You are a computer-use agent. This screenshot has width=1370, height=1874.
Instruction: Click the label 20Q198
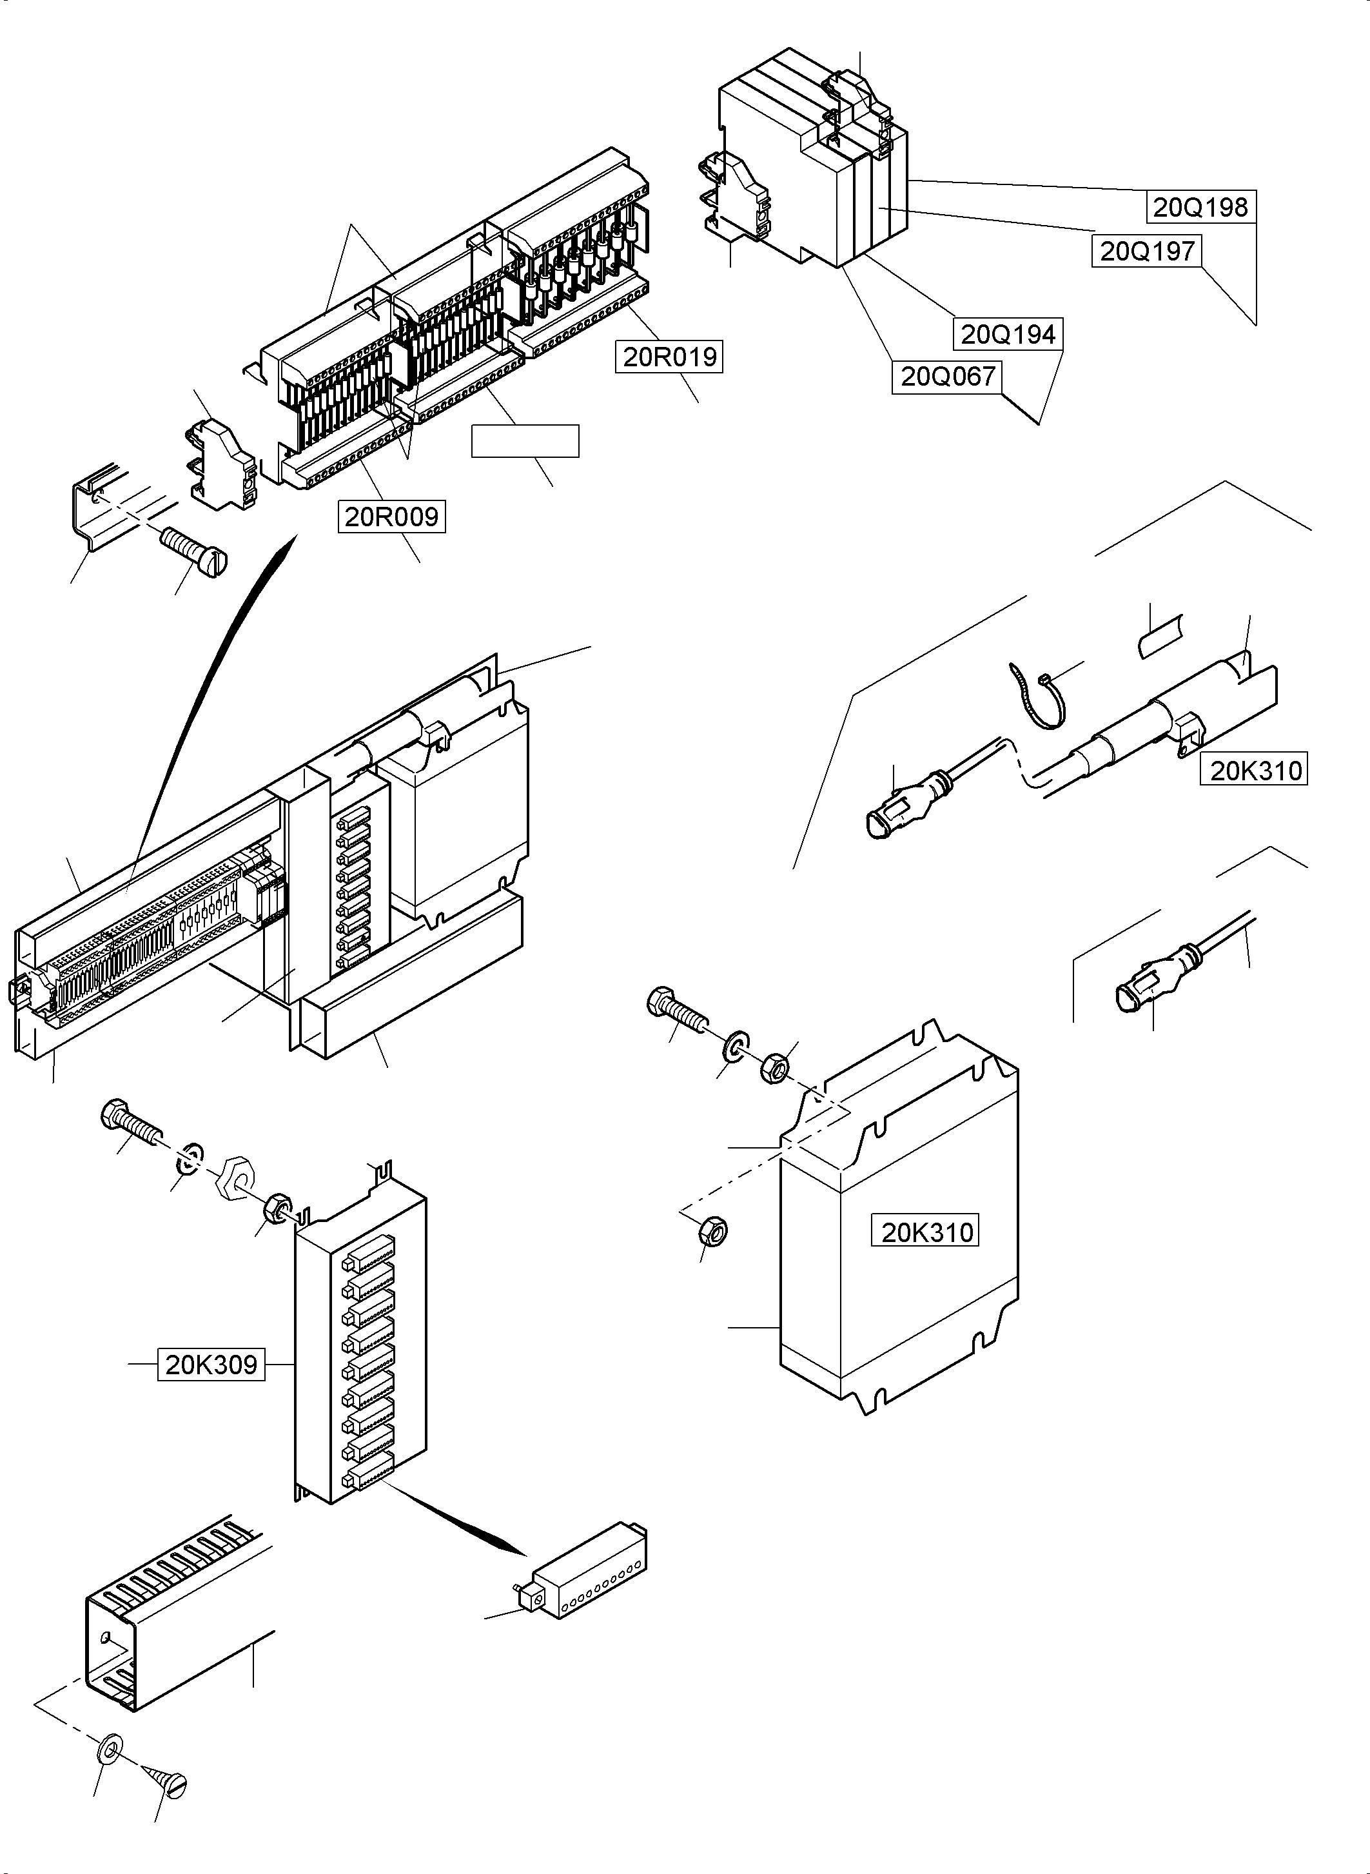[1200, 208]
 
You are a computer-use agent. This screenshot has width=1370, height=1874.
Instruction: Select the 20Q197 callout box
[1147, 250]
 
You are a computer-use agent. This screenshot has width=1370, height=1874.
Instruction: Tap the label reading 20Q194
[1008, 334]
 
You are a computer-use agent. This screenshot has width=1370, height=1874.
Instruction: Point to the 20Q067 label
[947, 377]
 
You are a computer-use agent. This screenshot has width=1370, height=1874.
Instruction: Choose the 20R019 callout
[669, 357]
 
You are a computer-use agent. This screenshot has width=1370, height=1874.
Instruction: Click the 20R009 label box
[391, 517]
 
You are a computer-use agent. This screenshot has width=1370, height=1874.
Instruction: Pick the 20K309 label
[211, 1365]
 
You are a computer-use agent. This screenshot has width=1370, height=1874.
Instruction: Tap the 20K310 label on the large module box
[926, 1232]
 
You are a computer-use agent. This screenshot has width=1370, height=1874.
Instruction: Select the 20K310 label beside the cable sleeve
[1255, 771]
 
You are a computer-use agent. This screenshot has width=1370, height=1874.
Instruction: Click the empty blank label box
[525, 441]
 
